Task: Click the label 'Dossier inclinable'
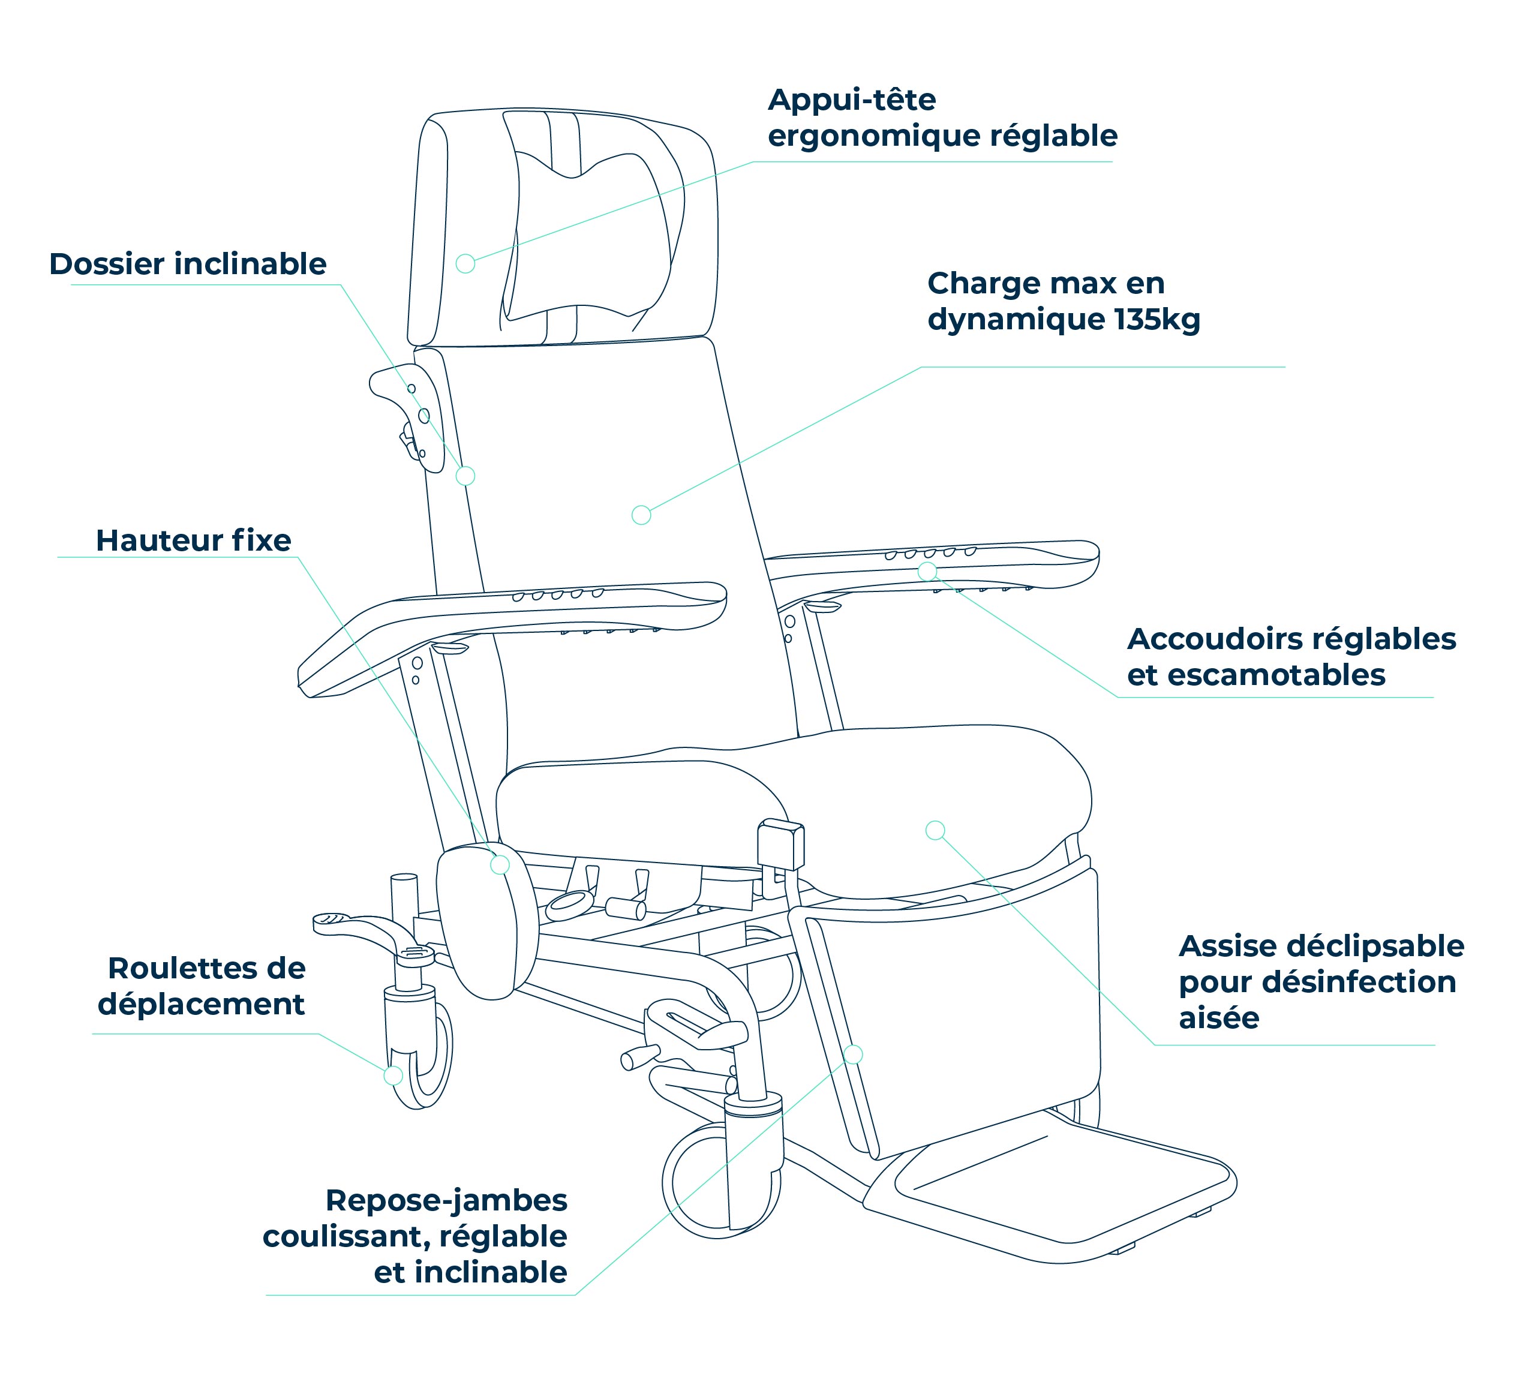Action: [x=188, y=264]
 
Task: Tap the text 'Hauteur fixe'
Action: [x=193, y=540]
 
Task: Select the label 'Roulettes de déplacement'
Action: [x=202, y=986]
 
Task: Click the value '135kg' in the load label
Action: [x=1158, y=319]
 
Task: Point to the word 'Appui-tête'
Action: [x=852, y=100]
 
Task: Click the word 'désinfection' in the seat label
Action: [x=1359, y=983]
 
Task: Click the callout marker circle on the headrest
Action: [x=465, y=263]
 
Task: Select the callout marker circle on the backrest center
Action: [x=642, y=515]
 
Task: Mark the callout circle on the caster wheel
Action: [x=393, y=1075]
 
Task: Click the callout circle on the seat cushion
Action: [x=935, y=830]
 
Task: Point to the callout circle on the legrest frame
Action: [x=853, y=1054]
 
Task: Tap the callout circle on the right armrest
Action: [x=927, y=571]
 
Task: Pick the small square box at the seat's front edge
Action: [x=781, y=844]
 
